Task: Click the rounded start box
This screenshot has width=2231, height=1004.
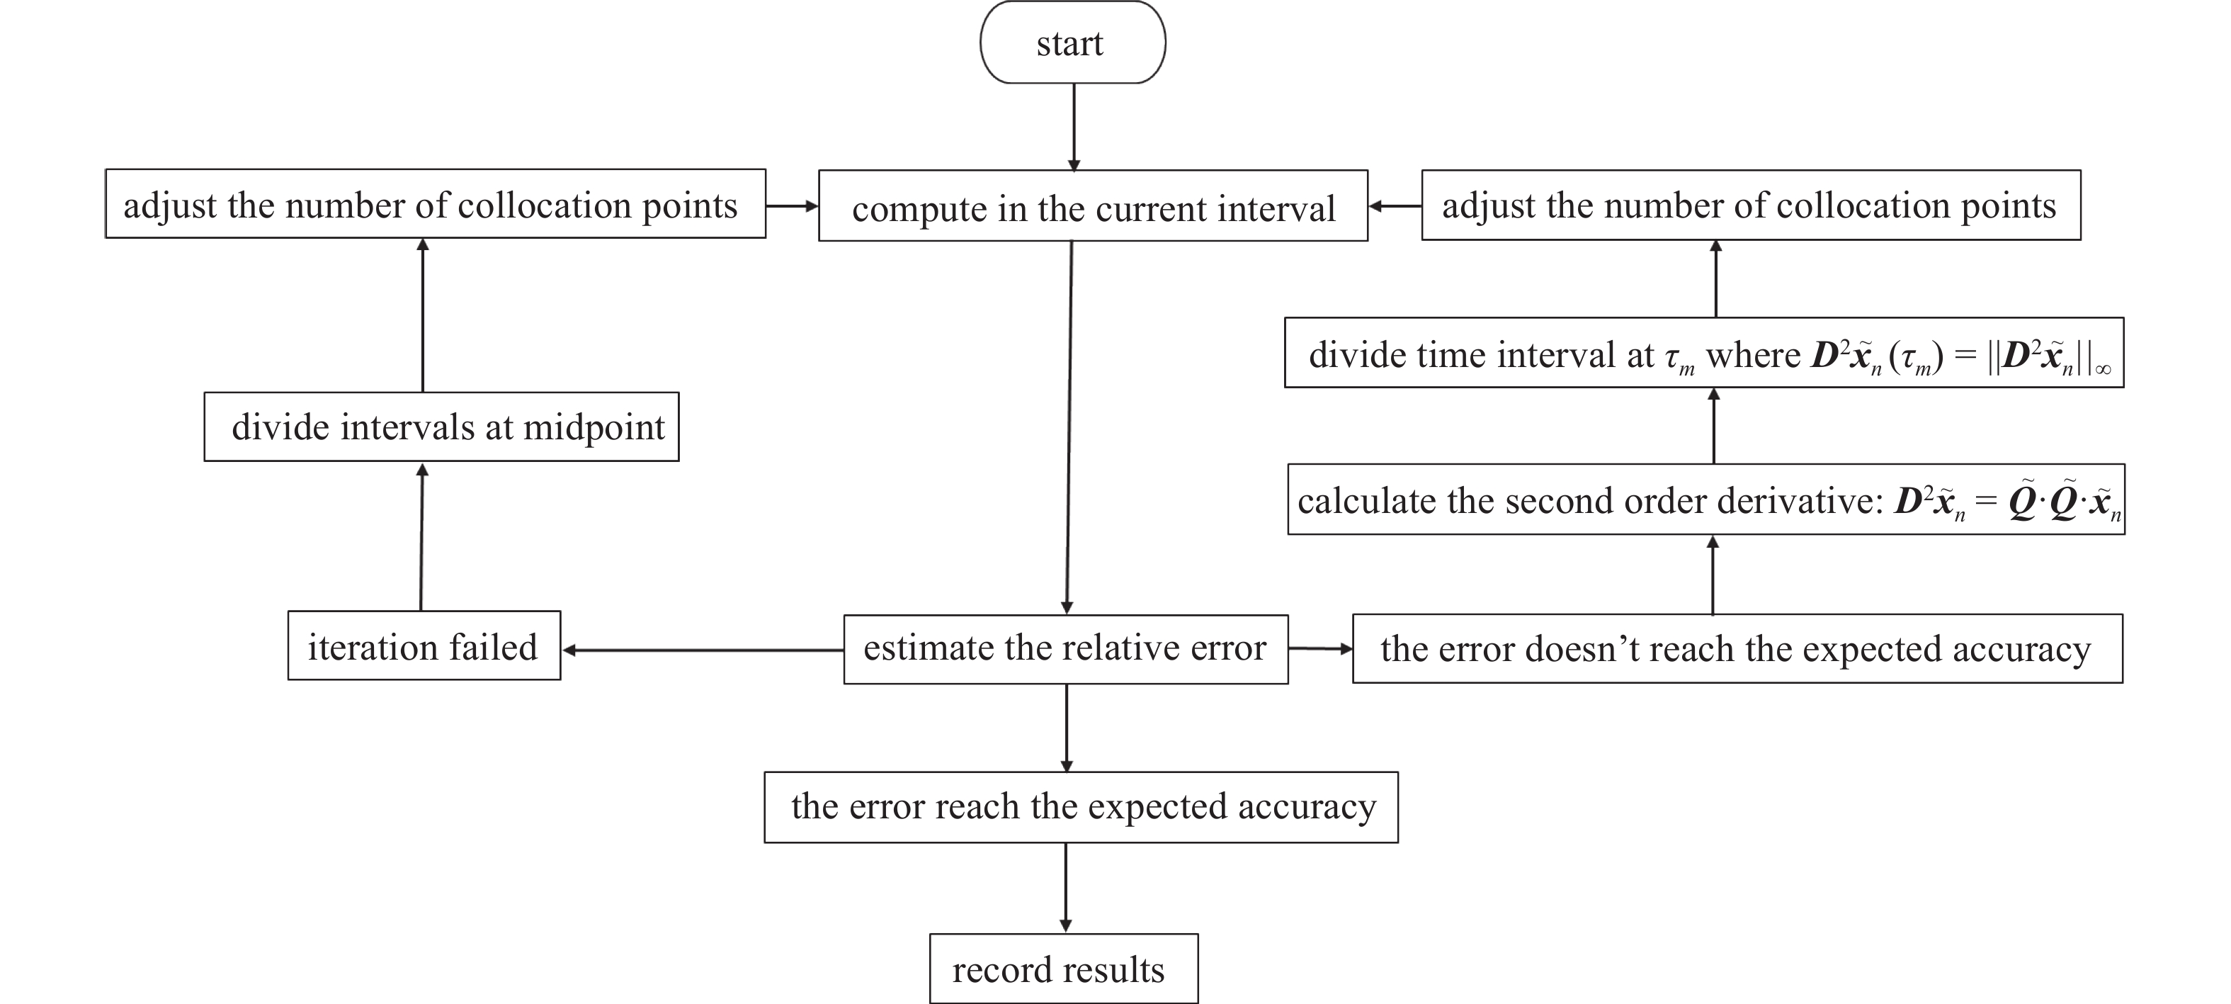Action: point(1072,43)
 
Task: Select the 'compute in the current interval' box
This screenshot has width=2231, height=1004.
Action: point(1092,206)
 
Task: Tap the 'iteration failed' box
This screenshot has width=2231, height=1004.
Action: point(424,646)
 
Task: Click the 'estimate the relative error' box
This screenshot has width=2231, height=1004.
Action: point(1065,649)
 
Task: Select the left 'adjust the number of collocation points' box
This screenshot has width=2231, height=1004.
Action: point(435,205)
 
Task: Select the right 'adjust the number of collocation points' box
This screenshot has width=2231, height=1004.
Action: point(1750,205)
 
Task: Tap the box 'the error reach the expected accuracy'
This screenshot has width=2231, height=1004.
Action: point(1080,806)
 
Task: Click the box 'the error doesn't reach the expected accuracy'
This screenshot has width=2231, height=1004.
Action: point(1737,649)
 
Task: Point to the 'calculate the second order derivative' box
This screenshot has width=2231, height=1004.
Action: point(1705,500)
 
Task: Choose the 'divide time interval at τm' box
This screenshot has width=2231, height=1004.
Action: point(1703,354)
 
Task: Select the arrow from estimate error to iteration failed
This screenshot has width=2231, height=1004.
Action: point(701,650)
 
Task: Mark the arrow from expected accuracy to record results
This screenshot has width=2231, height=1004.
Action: point(1065,887)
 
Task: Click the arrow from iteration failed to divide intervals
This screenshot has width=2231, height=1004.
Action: point(422,537)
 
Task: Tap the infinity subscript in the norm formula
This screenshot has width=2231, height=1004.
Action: point(2103,370)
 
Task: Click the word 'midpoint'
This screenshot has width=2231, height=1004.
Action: point(594,428)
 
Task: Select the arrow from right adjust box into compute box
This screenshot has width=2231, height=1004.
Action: point(1395,206)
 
